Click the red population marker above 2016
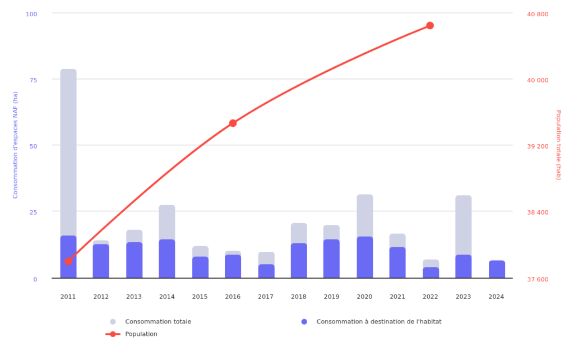click(x=233, y=123)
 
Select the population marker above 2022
click(x=430, y=25)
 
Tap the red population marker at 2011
click(x=68, y=261)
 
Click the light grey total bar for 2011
click(x=68, y=153)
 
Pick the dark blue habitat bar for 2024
click(x=497, y=269)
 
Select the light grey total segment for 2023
click(x=464, y=225)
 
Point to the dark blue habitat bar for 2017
click(x=266, y=271)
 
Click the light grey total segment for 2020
click(x=365, y=216)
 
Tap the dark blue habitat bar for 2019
click(x=331, y=259)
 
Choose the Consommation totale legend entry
click(x=150, y=321)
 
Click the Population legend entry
click(x=131, y=334)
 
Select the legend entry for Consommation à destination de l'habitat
click(x=371, y=321)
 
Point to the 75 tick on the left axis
click(x=33, y=80)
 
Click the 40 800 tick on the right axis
click(x=538, y=14)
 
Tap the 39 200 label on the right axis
click(x=538, y=146)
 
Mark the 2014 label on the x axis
click(x=167, y=297)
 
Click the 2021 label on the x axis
click(x=397, y=297)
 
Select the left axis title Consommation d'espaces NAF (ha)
click(x=15, y=145)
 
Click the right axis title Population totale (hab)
click(x=558, y=145)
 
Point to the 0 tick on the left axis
click(x=35, y=279)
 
